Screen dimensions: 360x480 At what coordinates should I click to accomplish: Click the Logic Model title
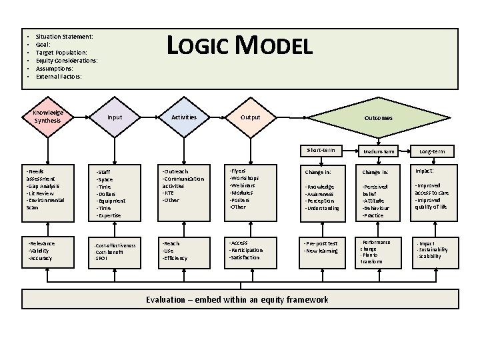tap(239, 46)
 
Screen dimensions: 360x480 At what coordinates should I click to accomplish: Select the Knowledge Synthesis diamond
tap(47, 117)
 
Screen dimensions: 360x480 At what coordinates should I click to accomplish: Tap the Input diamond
tap(115, 117)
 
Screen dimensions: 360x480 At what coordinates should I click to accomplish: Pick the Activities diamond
tap(184, 117)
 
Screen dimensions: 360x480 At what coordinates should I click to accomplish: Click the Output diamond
tap(250, 118)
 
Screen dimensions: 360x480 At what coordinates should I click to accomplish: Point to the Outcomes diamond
tap(378, 118)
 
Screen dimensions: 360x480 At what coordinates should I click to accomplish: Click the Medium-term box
tap(379, 152)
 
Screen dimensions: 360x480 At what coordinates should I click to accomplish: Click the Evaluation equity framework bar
tap(237, 299)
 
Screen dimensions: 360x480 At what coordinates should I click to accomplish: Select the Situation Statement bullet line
tap(64, 36)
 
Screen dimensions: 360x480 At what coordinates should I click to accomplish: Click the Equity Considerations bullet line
tap(67, 61)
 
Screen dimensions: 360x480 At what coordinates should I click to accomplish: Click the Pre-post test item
tap(321, 243)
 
